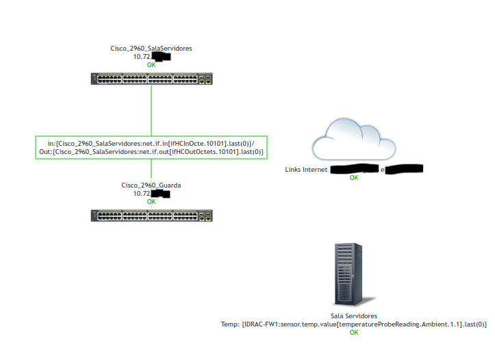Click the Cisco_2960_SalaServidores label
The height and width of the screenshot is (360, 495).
coord(151,49)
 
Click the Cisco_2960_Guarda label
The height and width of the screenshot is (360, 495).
coord(151,185)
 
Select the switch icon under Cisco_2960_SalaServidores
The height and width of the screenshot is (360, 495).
coord(151,79)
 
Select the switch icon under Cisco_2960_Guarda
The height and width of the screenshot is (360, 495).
coord(151,216)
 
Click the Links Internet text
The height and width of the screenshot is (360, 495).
coord(307,169)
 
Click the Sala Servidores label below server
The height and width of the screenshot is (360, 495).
coord(354,316)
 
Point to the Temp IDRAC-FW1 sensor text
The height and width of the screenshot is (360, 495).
coord(354,324)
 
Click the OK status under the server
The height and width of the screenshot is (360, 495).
coord(354,332)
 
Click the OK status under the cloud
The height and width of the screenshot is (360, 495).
coord(354,177)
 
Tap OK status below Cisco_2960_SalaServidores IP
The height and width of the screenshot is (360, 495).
coord(151,65)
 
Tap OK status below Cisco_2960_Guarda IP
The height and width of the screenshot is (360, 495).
coord(151,201)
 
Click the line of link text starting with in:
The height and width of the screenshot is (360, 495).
coord(151,143)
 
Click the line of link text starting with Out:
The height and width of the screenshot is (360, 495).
coord(151,151)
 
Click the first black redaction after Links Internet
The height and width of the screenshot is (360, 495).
coord(354,168)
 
